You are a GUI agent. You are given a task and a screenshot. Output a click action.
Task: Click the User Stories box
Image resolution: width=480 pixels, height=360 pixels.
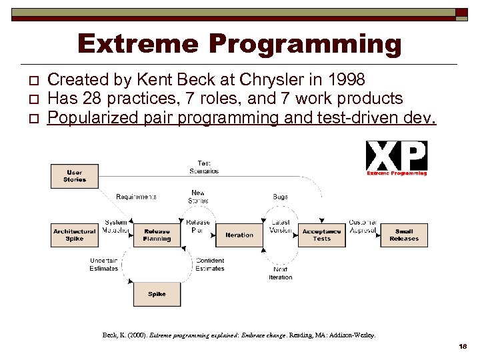(x=74, y=176)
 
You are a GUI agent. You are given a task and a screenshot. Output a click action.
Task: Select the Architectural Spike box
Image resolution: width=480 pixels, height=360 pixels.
(x=74, y=235)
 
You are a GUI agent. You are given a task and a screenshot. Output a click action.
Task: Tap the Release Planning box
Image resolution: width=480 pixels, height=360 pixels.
(x=157, y=235)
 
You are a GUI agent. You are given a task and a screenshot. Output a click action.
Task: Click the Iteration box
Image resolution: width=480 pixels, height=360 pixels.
(x=239, y=235)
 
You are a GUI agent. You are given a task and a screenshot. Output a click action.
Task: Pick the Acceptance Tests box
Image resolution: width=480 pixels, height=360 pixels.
(x=321, y=235)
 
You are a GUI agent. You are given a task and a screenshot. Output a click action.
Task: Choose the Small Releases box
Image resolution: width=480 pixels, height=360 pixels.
(x=404, y=235)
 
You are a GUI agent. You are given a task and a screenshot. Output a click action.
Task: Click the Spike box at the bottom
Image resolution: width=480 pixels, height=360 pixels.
(x=157, y=294)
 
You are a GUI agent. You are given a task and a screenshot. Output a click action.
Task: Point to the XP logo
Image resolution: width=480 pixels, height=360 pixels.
(x=397, y=158)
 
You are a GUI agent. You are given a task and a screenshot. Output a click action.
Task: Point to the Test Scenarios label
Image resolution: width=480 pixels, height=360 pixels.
(x=204, y=167)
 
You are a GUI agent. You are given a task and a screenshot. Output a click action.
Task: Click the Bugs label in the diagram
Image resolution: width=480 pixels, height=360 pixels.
(x=280, y=197)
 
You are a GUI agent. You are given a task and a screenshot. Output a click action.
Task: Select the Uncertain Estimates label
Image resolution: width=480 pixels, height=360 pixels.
(x=104, y=265)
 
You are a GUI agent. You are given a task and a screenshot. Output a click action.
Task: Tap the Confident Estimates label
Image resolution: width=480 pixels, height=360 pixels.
(x=209, y=265)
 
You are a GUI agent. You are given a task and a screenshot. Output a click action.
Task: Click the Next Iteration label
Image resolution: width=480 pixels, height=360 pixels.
(x=280, y=273)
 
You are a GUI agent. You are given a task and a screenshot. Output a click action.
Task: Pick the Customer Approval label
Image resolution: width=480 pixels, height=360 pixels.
(x=363, y=226)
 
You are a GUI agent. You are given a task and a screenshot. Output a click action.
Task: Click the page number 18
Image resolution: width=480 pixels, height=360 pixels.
(x=463, y=347)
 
